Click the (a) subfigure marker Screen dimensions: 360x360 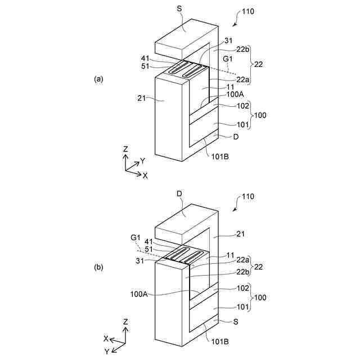coord(99,79)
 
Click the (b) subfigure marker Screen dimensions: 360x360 coord(99,269)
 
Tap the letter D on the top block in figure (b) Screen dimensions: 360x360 coord(179,194)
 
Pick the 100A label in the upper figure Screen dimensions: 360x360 coord(236,96)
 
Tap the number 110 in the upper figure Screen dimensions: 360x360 coord(247,11)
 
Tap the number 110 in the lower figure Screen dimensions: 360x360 coord(247,196)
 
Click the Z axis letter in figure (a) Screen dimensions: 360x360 coord(126,149)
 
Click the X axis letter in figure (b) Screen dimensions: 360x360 coord(105,339)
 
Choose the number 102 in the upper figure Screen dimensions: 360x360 coord(242,105)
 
